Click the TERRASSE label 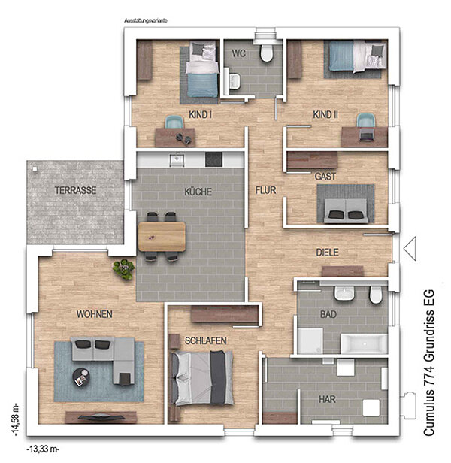pyautogui.click(x=76, y=190)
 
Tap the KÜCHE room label pyautogui.click(x=198, y=192)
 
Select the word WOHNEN pyautogui.click(x=95, y=314)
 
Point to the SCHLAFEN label pyautogui.click(x=206, y=340)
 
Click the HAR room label pyautogui.click(x=327, y=400)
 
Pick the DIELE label pyautogui.click(x=327, y=253)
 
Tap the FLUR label pyautogui.click(x=266, y=190)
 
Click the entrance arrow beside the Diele pyautogui.click(x=410, y=248)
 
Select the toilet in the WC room pyautogui.click(x=266, y=53)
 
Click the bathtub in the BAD pyautogui.click(x=364, y=343)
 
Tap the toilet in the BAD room pyautogui.click(x=375, y=295)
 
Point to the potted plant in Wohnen pyautogui.click(x=124, y=269)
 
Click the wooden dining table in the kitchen pyautogui.click(x=162, y=237)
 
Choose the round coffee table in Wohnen pyautogui.click(x=81, y=377)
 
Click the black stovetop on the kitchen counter pyautogui.click(x=213, y=159)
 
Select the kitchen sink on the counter pyautogui.click(x=177, y=160)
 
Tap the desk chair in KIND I pyautogui.click(x=174, y=122)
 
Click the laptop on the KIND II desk pyautogui.click(x=366, y=135)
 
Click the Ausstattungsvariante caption pyautogui.click(x=146, y=21)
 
